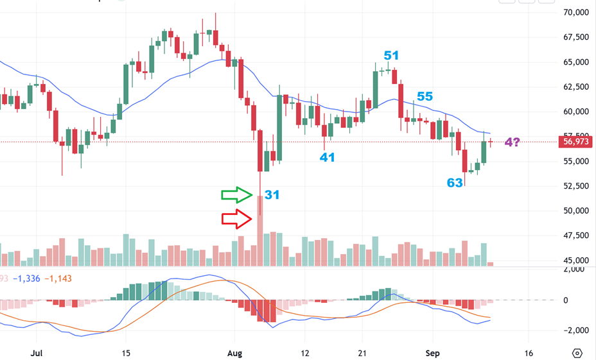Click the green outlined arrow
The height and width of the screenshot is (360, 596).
pyautogui.click(x=237, y=194)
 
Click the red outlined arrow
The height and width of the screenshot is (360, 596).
pyautogui.click(x=237, y=219)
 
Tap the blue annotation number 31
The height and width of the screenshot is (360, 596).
pyautogui.click(x=272, y=194)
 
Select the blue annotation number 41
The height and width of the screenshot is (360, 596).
pyautogui.click(x=328, y=157)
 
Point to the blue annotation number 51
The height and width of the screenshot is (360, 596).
pyautogui.click(x=392, y=55)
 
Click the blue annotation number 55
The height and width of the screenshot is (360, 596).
pyautogui.click(x=425, y=97)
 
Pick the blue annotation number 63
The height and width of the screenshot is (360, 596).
pyautogui.click(x=455, y=183)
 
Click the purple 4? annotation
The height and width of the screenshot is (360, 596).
pyautogui.click(x=513, y=142)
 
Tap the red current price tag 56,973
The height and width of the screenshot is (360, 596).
pyautogui.click(x=575, y=142)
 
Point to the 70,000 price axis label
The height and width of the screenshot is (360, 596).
pyautogui.click(x=575, y=12)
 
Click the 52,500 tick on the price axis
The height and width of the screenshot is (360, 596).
pyautogui.click(x=575, y=186)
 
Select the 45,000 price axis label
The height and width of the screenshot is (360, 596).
pyautogui.click(x=575, y=261)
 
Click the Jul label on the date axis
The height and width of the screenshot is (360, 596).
pyautogui.click(x=37, y=353)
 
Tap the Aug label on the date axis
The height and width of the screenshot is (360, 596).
pyautogui.click(x=235, y=353)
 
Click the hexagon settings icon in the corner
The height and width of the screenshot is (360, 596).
pyautogui.click(x=577, y=353)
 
